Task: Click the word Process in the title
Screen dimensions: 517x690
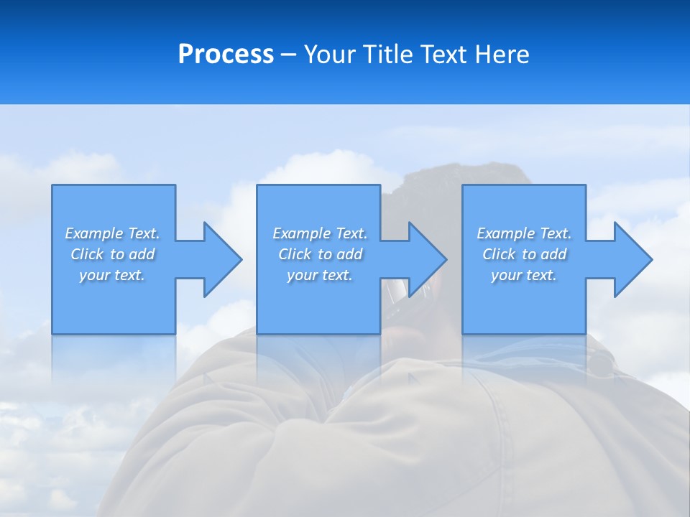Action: coord(226,55)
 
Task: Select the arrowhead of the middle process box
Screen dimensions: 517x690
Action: coord(426,259)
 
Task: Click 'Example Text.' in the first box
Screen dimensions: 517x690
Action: coord(113,233)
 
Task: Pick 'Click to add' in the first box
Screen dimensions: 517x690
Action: coord(113,254)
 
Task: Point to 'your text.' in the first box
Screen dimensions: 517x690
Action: coord(113,275)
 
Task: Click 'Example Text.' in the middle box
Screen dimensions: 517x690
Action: coord(320,233)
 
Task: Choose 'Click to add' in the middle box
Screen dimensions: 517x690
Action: coord(320,254)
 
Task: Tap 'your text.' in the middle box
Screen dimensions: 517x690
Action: coord(320,275)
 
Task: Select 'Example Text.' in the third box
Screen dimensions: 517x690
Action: coord(524,233)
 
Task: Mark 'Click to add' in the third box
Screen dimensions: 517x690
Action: coord(524,254)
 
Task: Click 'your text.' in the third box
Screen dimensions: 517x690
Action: coord(524,275)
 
